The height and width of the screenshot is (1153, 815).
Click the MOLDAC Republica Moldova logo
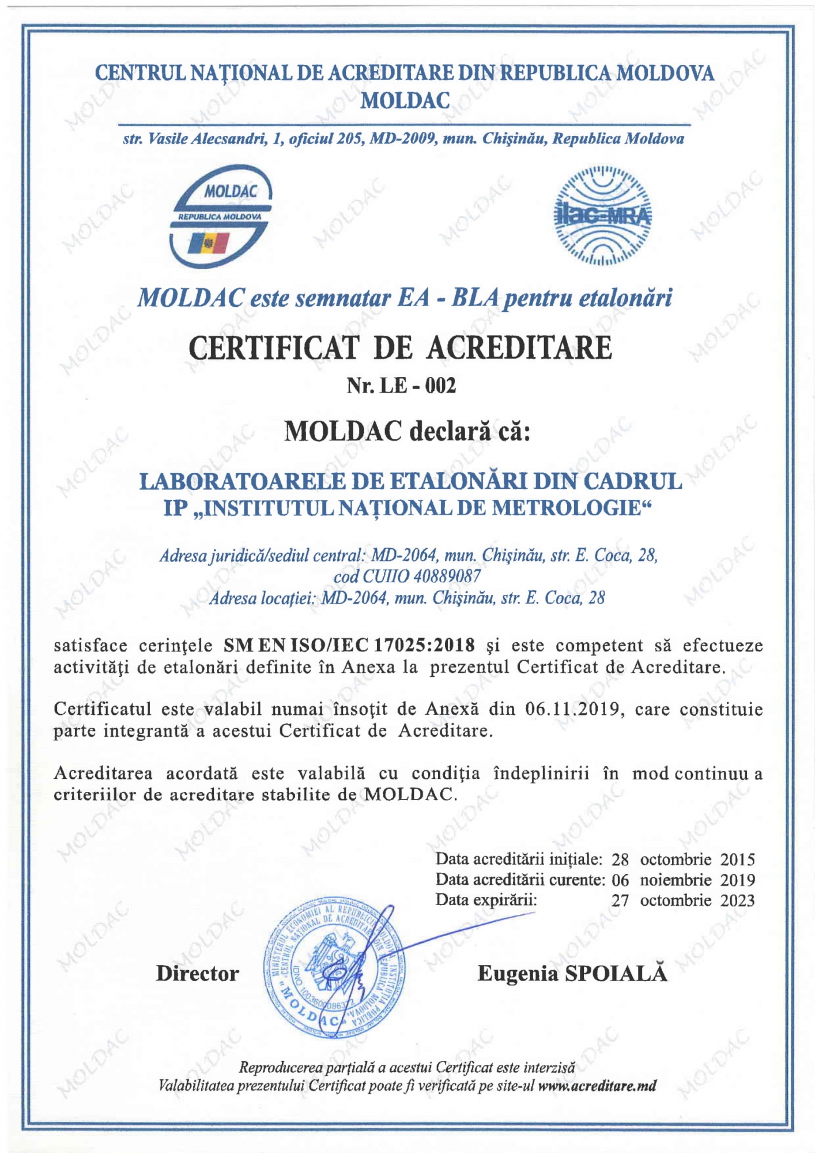pyautogui.click(x=221, y=216)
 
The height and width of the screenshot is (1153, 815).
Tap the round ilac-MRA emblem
pyautogui.click(x=602, y=216)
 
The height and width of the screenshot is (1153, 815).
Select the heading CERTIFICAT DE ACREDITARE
pyautogui.click(x=400, y=348)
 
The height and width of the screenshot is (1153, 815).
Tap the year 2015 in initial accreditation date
pyautogui.click(x=737, y=860)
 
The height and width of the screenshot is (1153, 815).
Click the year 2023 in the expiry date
pyautogui.click(x=737, y=900)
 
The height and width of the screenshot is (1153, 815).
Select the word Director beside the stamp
pyautogui.click(x=197, y=974)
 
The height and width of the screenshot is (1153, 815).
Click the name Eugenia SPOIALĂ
pyautogui.click(x=572, y=974)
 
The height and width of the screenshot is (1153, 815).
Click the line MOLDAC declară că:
pyautogui.click(x=407, y=431)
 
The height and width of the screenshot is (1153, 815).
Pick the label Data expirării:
pyautogui.click(x=486, y=900)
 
